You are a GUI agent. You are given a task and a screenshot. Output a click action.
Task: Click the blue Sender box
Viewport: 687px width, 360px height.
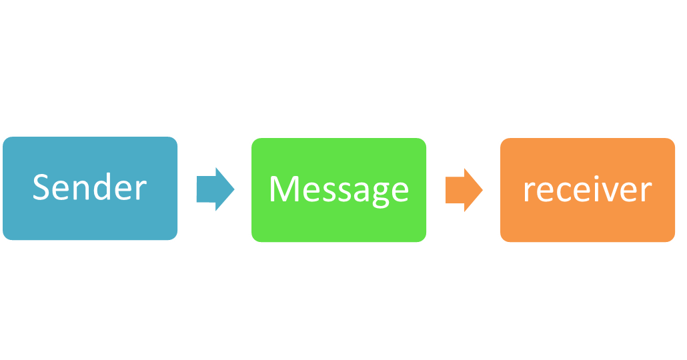89,188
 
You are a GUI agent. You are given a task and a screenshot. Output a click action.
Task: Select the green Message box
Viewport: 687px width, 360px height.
338,190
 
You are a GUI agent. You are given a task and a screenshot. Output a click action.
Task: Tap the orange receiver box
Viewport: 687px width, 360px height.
588,190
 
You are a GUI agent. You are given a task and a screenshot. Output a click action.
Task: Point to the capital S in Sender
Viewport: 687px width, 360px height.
42,187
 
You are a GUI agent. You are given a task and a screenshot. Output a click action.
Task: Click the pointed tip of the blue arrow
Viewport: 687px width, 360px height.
234,189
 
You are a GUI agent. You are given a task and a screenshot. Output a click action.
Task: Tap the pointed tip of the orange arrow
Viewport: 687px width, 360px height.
482,190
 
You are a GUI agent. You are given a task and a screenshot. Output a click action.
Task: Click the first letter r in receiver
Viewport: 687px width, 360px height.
528,192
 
